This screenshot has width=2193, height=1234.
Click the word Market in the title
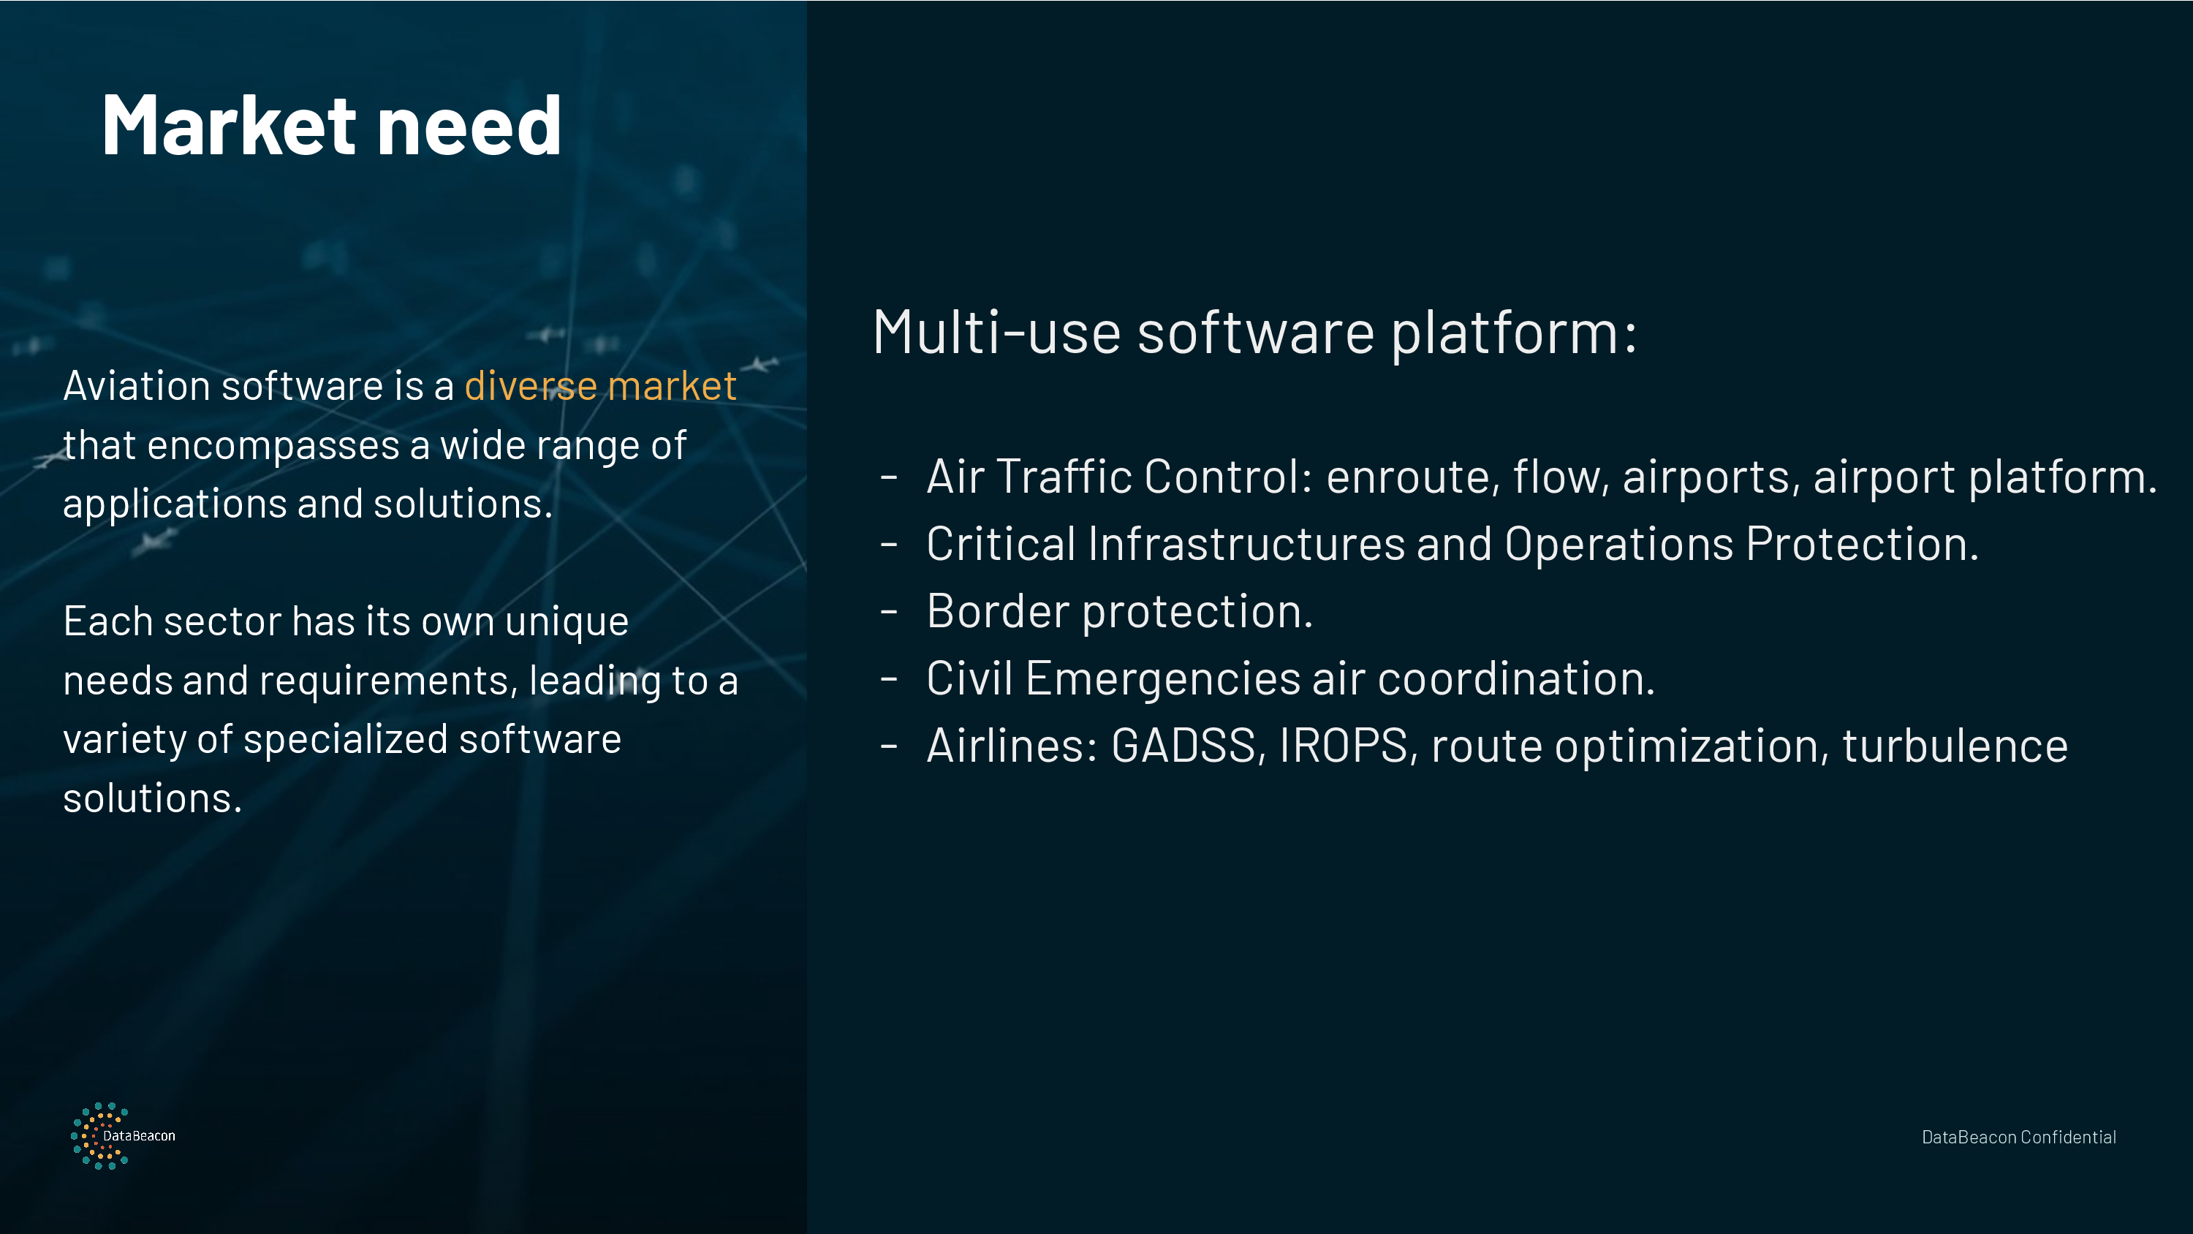[x=229, y=125]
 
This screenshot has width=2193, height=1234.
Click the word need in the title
[x=469, y=125]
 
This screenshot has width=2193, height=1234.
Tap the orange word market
[x=672, y=386]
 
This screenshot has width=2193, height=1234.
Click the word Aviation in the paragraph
[x=136, y=386]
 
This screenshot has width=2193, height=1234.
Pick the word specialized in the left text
[x=346, y=739]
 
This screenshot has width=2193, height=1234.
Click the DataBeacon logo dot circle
[x=99, y=1136]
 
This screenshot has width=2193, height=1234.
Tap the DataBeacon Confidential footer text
[x=2018, y=1137]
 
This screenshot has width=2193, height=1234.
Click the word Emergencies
[x=1163, y=681]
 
